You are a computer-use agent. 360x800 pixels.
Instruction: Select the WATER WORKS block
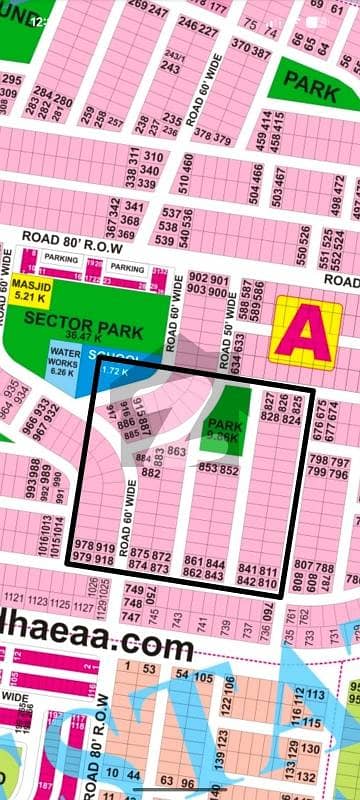pos(64,360)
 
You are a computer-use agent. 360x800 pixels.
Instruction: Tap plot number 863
pos(176,453)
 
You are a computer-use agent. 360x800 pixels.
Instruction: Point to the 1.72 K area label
pos(114,371)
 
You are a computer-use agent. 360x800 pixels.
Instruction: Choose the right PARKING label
pos(126,268)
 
